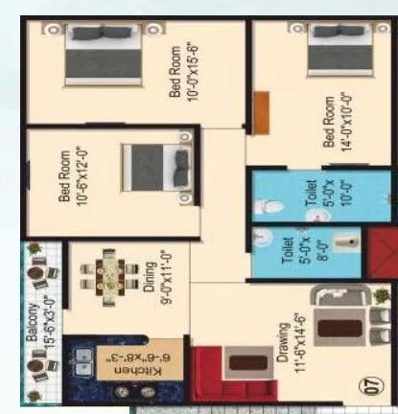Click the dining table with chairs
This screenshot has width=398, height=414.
(x=100, y=275)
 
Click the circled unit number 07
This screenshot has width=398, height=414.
(x=368, y=389)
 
